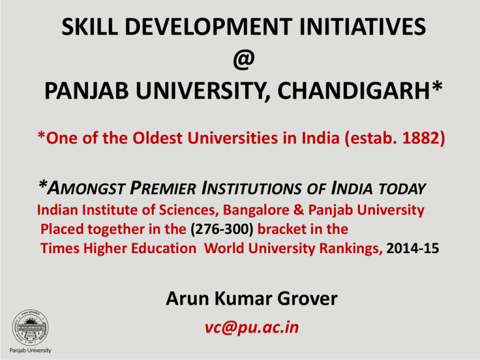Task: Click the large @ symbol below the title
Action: [x=244, y=59]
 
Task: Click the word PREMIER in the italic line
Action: [x=162, y=188]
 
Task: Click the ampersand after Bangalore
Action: [x=299, y=210]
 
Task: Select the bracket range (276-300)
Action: [x=222, y=229]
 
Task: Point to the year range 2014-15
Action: [x=412, y=248]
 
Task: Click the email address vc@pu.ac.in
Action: [x=252, y=327]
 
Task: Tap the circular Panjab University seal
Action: [x=30, y=327]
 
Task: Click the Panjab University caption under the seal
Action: [x=30, y=350]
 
